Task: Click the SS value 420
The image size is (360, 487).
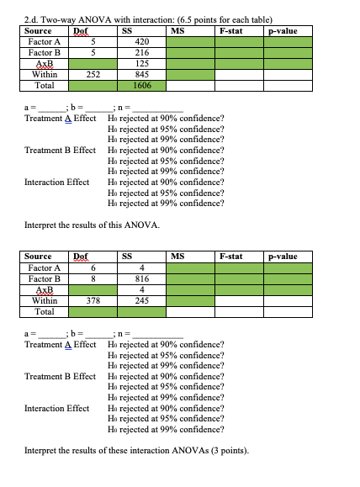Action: coord(141,40)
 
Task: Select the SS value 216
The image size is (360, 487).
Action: coord(141,51)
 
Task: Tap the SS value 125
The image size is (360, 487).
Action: coord(141,62)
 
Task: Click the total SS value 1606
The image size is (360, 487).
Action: coord(141,85)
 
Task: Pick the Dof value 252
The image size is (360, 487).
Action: coord(94,74)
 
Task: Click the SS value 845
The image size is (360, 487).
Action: coord(141,74)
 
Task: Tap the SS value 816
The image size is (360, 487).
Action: coord(141,278)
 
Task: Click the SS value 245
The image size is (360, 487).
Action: coord(141,299)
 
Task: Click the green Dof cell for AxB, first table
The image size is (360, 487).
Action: coord(94,62)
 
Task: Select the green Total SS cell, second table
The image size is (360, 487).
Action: coord(141,310)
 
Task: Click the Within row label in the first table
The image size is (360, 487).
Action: coord(41,74)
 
